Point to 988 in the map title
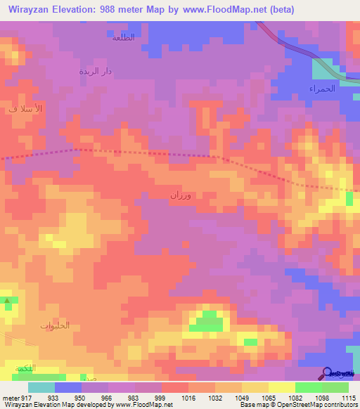pyautogui.click(x=112, y=10)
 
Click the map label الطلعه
pyautogui.click(x=123, y=37)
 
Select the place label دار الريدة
pyautogui.click(x=95, y=72)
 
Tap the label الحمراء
pyautogui.click(x=321, y=89)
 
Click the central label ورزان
pyautogui.click(x=180, y=196)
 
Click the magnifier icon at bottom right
pyautogui.click(x=326, y=372)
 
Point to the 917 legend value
pyautogui.click(x=26, y=398)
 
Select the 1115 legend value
pyautogui.click(x=348, y=398)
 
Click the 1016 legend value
pyautogui.click(x=188, y=398)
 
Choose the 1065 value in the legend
pyautogui.click(x=268, y=398)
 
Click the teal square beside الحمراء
pyautogui.click(x=323, y=69)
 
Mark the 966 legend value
pyautogui.click(x=107, y=398)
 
